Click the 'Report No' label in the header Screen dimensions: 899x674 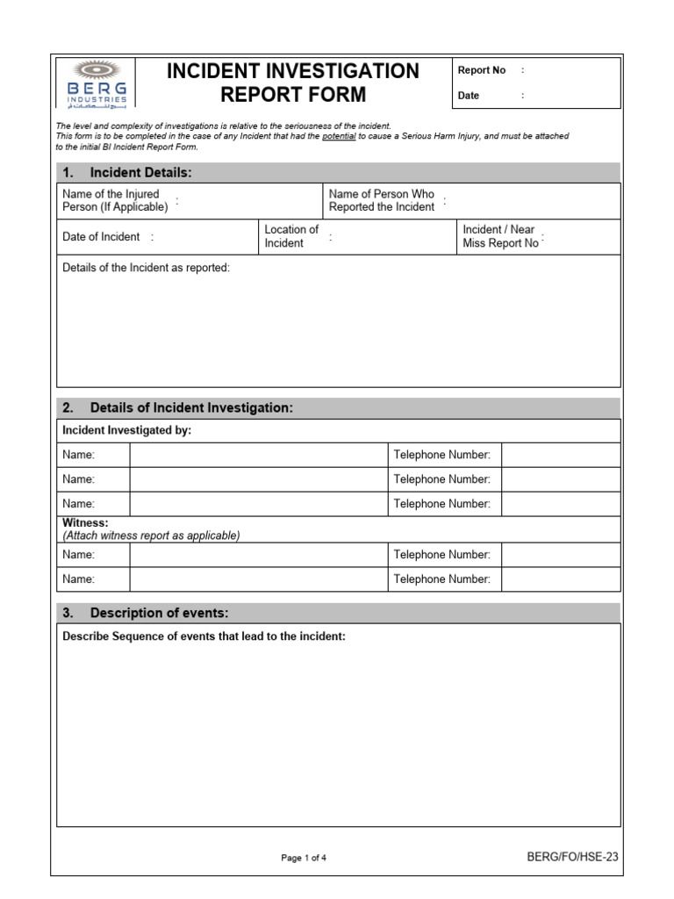click(482, 70)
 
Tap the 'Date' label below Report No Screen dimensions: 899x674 click(469, 96)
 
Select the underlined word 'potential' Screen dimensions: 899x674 click(339, 136)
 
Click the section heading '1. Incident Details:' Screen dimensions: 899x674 click(140, 173)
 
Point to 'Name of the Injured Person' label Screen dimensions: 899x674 click(115, 200)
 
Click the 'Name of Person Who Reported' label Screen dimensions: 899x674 click(382, 200)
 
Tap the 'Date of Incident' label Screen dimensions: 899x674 click(101, 236)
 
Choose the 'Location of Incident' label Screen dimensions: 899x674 click(291, 236)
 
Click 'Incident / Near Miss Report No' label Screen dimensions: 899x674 click(500, 236)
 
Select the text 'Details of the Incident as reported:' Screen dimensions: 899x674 click(146, 268)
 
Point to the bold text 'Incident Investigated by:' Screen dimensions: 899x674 click(127, 430)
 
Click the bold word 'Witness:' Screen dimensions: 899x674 click(86, 523)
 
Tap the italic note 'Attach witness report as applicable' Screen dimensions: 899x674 click(151, 536)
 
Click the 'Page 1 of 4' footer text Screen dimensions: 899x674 click(304, 858)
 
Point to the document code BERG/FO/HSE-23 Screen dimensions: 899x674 click(573, 857)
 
